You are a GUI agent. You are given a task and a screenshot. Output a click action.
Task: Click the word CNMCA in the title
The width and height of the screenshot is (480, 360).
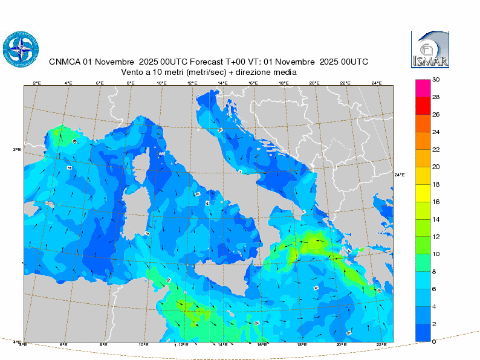tap(64, 62)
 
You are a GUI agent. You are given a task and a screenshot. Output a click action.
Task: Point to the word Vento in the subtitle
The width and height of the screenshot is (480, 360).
tap(133, 72)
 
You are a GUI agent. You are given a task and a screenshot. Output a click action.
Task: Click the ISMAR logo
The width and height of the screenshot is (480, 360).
tap(430, 50)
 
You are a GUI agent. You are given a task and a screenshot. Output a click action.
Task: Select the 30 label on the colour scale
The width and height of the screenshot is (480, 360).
tap(435, 79)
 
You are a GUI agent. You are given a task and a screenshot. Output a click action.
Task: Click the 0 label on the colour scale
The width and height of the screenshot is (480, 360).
tap(434, 342)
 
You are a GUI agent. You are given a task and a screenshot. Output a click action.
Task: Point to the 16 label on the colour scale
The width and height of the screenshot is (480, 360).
tap(435, 202)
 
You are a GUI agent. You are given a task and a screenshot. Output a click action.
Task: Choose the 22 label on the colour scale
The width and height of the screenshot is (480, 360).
tap(435, 149)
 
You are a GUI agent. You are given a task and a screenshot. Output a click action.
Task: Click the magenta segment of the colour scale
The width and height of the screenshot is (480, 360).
tap(423, 88)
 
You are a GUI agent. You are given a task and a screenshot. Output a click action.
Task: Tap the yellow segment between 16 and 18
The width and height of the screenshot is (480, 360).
tap(423, 193)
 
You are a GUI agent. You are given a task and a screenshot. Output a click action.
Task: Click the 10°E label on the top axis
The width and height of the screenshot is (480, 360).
tap(161, 83)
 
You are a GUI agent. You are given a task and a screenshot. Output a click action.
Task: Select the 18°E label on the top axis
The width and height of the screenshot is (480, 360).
tap(284, 83)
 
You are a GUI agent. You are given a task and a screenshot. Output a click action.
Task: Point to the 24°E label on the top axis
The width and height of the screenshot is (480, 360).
tap(376, 83)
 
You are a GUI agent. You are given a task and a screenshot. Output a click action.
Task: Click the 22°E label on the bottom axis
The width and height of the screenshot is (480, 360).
tap(381, 345)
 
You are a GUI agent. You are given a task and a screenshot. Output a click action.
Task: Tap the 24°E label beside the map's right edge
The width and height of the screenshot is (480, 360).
tap(400, 175)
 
